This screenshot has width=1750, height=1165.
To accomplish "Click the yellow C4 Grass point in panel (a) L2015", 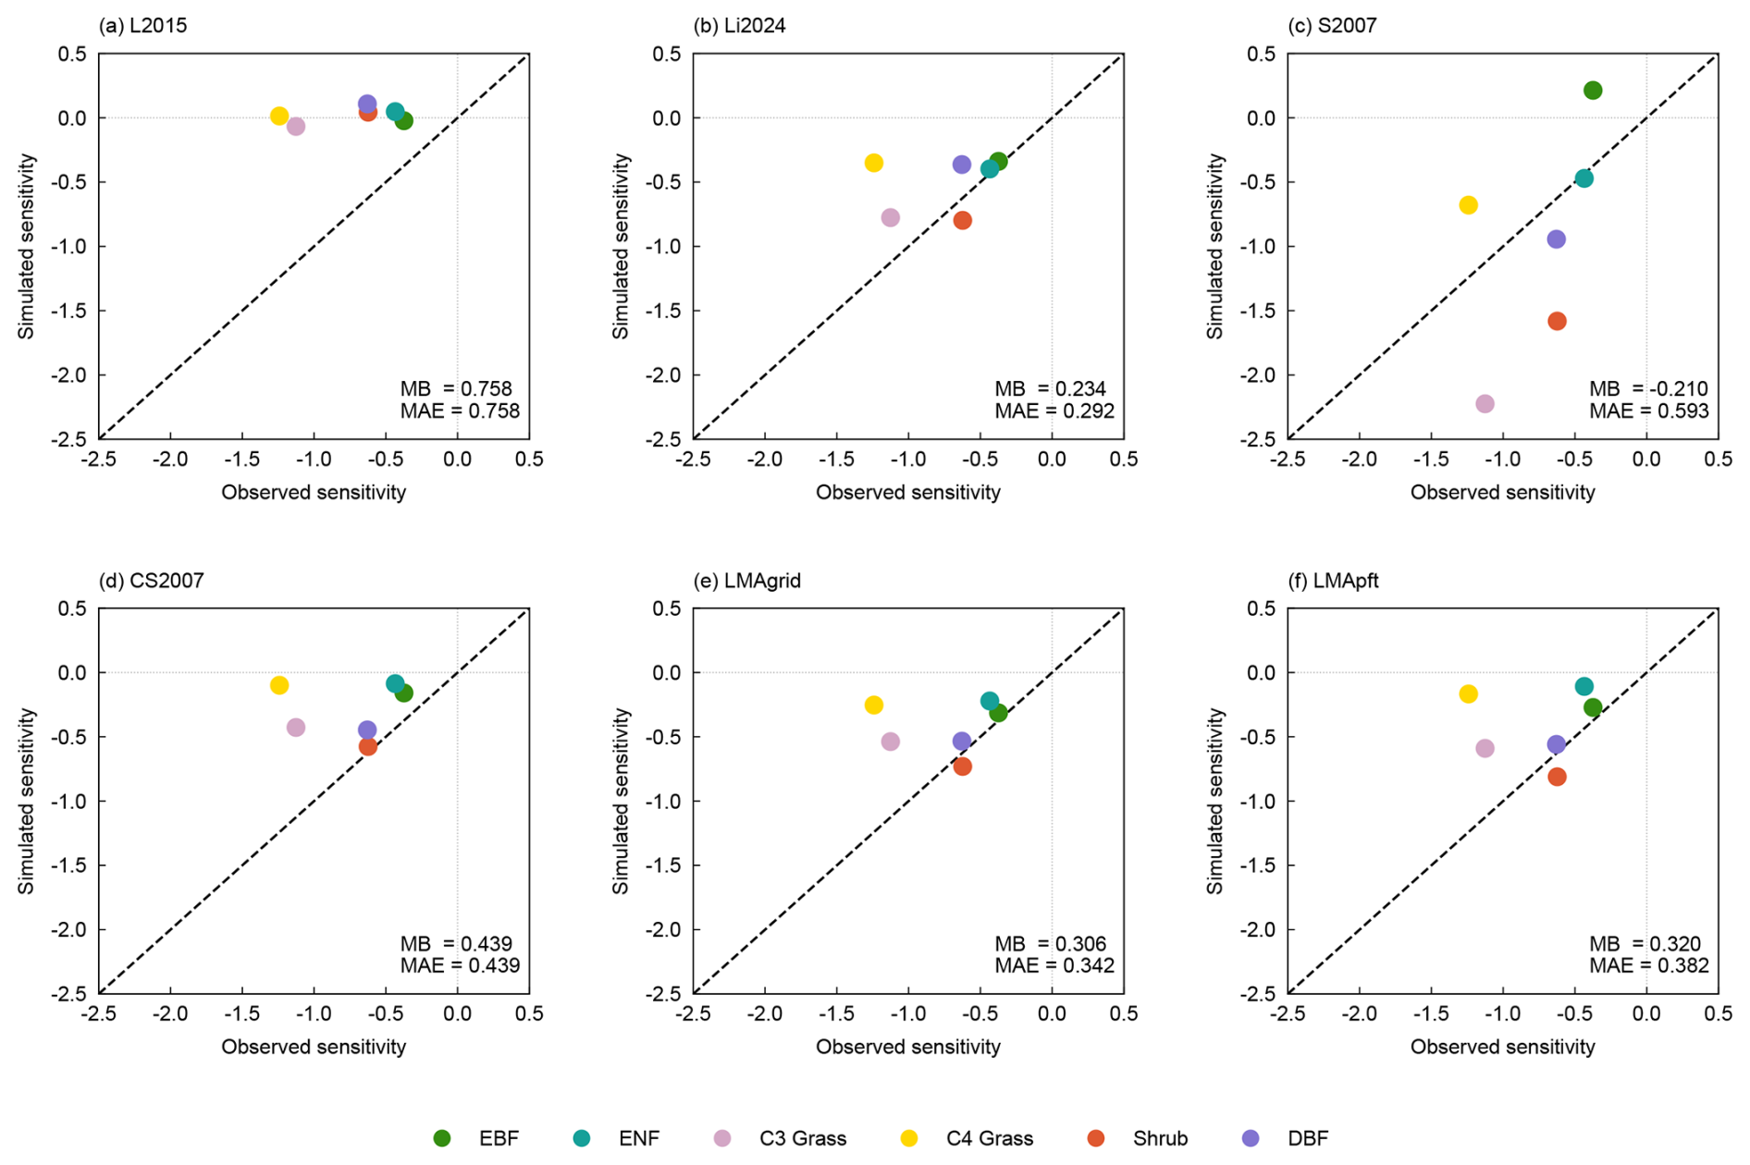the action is pyautogui.click(x=279, y=116).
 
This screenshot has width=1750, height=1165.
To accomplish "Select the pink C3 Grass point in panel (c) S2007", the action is pyautogui.click(x=1485, y=404).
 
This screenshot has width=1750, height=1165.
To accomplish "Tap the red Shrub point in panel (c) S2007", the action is pyautogui.click(x=1557, y=322).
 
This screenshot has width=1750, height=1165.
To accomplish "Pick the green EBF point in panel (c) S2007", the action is pyautogui.click(x=1593, y=91).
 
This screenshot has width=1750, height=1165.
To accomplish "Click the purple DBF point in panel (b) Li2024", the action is pyautogui.click(x=962, y=165).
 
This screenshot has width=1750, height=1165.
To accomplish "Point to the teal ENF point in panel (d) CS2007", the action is pyautogui.click(x=395, y=684).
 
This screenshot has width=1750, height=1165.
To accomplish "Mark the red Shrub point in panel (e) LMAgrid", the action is pyautogui.click(x=962, y=766).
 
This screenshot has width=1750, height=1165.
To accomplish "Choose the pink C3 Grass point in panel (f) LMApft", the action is pyautogui.click(x=1485, y=749).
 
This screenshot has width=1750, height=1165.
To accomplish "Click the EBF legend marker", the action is pyautogui.click(x=442, y=1138).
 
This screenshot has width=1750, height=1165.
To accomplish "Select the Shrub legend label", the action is pyautogui.click(x=1160, y=1138).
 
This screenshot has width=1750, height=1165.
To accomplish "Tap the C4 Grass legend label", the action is pyautogui.click(x=989, y=1138).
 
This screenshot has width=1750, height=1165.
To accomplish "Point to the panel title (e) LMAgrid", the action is pyautogui.click(x=747, y=581).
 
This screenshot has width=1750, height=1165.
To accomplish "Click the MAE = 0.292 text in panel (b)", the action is pyautogui.click(x=1054, y=411).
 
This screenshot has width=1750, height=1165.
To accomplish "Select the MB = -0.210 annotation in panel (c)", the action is pyautogui.click(x=1648, y=389).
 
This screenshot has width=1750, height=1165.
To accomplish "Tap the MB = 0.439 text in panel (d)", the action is pyautogui.click(x=456, y=944).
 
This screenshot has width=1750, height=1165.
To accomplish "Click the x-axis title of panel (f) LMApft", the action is pyautogui.click(x=1502, y=1047).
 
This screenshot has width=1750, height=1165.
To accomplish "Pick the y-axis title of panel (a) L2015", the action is pyautogui.click(x=26, y=247).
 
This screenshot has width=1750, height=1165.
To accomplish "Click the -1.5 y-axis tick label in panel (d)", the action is pyautogui.click(x=70, y=865).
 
